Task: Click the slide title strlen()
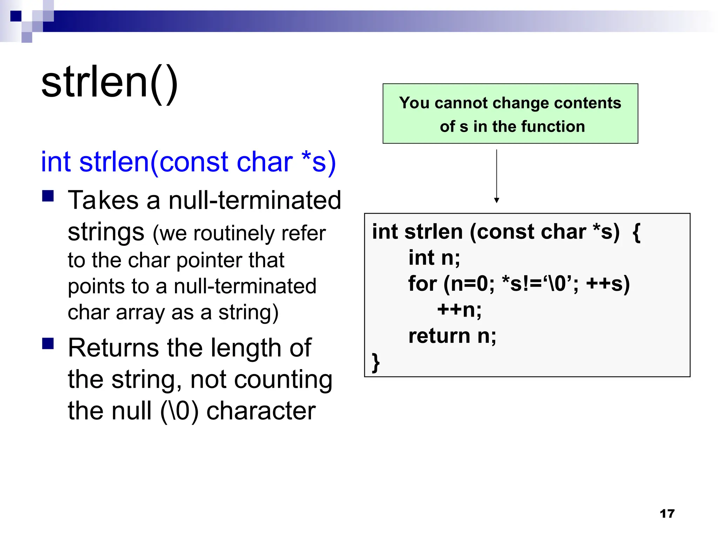[x=110, y=83]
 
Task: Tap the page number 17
[x=667, y=513]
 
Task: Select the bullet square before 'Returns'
[x=48, y=344]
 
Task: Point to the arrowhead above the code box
[x=496, y=200]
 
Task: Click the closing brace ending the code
[x=376, y=362]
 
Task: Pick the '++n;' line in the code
[x=459, y=310]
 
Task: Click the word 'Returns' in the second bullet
[x=113, y=348]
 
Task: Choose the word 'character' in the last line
[x=261, y=411]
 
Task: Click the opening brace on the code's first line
[x=637, y=232]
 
